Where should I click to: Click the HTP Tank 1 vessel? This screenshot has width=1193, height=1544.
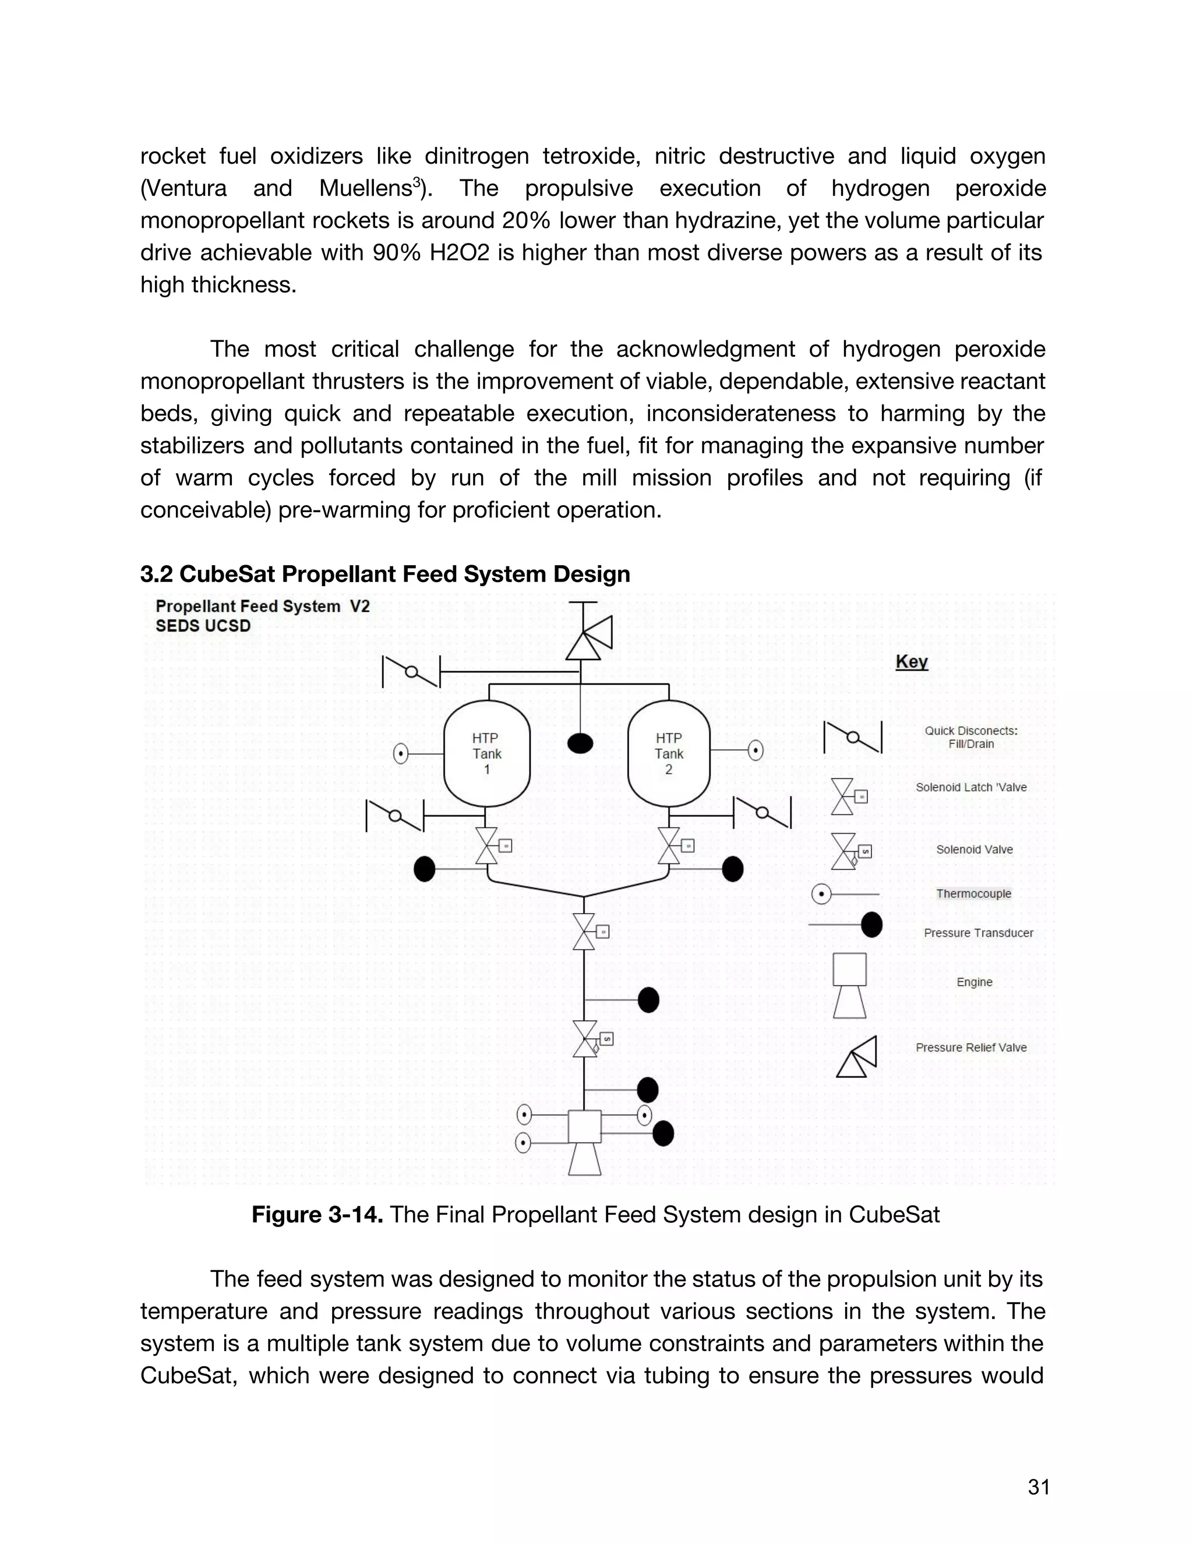(486, 753)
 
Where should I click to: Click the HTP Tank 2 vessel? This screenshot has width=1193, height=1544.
(669, 753)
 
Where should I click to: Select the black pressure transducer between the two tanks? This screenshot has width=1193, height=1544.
(580, 743)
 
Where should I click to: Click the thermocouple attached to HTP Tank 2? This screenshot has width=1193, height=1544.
(756, 750)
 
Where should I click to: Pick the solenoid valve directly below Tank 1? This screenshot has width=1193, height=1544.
(487, 845)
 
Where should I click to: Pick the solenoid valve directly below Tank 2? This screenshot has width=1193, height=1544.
(669, 845)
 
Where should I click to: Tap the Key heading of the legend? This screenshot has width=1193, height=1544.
(911, 662)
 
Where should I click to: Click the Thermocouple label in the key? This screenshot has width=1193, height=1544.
(973, 894)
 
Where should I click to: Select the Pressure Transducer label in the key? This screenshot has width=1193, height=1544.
(977, 933)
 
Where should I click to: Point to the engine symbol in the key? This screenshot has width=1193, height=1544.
(849, 985)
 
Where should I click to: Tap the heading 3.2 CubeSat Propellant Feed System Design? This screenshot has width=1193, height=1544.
(384, 574)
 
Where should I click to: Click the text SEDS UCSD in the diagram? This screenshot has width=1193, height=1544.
(203, 626)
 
